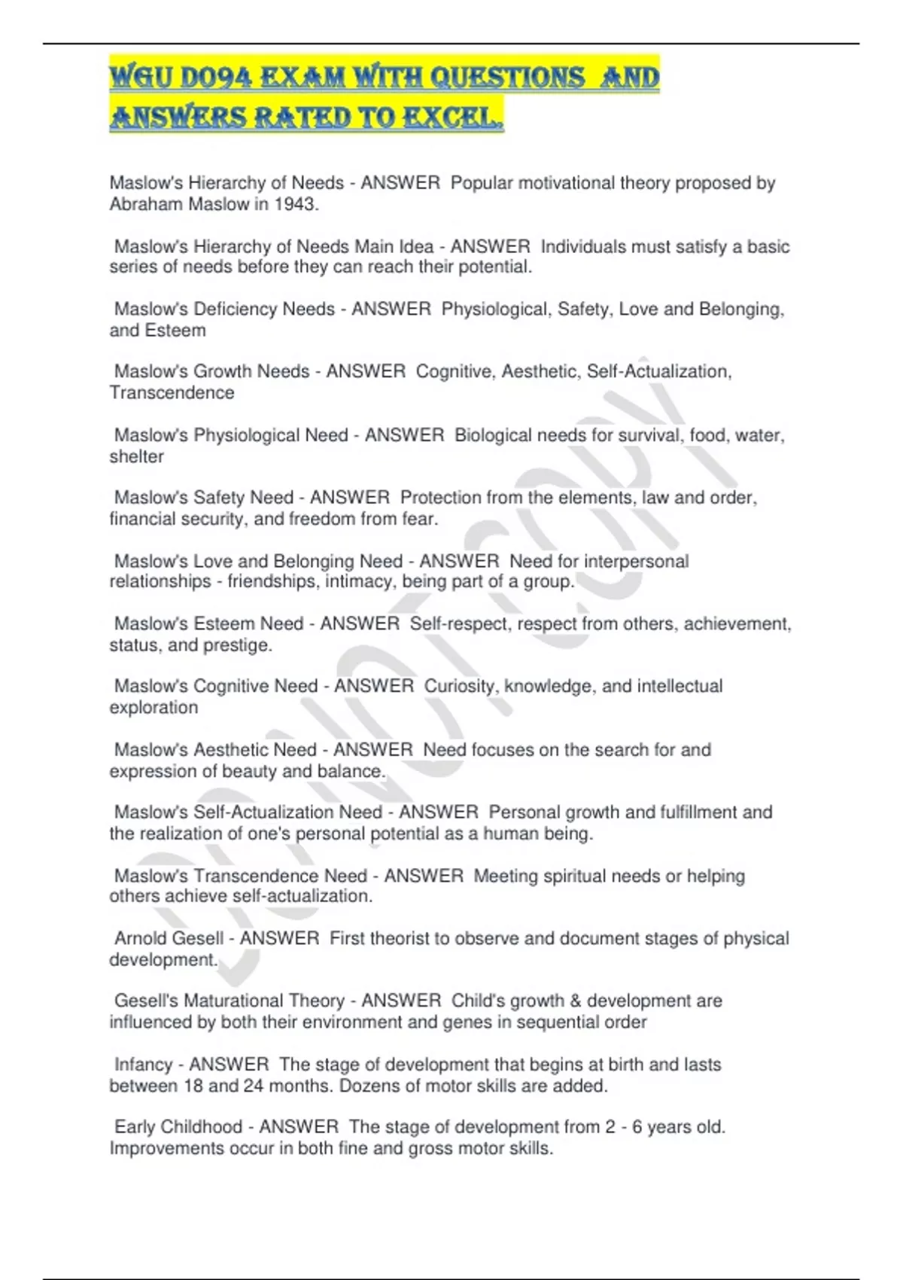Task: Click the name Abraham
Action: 140,204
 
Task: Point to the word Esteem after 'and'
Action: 175,330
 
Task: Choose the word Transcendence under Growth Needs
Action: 172,392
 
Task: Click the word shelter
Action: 136,456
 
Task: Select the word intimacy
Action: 360,581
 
